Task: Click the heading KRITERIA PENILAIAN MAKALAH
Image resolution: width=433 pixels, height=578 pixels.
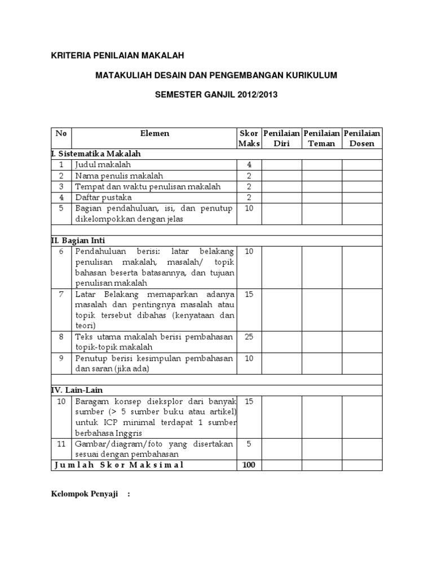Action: point(117,55)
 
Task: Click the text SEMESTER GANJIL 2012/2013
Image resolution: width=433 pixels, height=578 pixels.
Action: point(216,95)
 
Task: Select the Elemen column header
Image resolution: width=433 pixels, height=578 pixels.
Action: point(154,134)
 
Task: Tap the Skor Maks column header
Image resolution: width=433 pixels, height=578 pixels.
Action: point(249,138)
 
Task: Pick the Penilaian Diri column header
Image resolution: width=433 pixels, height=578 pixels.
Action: point(281,138)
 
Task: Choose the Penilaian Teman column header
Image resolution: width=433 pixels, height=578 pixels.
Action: point(321,138)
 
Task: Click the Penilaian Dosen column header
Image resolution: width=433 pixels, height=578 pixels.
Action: point(362,138)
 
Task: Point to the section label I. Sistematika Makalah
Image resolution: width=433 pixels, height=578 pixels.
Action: point(96,154)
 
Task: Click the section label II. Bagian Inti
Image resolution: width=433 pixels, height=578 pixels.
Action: point(78,240)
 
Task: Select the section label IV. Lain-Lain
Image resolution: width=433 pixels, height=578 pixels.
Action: point(77,390)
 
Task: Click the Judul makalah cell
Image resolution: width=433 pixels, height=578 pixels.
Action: point(103,165)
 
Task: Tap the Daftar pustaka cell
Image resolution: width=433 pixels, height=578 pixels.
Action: point(104,198)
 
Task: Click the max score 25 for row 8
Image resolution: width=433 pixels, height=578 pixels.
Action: point(249,337)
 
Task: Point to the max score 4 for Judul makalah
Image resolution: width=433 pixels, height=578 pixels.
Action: point(249,165)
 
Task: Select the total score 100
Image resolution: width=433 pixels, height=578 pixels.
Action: point(249,465)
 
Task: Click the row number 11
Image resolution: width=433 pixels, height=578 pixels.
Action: point(61,444)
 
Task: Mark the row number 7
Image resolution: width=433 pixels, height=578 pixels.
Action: point(61,294)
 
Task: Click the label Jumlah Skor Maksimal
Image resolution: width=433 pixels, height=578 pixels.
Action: point(119,465)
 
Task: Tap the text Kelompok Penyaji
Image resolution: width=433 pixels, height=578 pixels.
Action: point(84,494)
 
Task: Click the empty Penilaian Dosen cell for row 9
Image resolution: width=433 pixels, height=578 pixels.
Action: point(362,364)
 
